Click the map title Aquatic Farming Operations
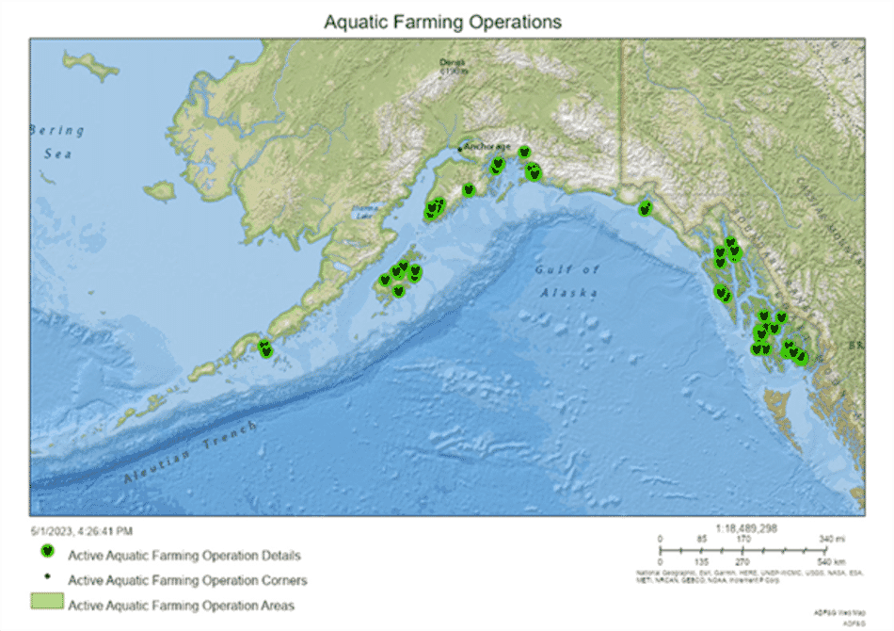point(442,21)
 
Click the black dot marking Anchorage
point(460,149)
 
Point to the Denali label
point(453,65)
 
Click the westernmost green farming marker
point(265,349)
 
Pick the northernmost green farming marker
point(524,152)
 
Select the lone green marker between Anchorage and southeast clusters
point(645,208)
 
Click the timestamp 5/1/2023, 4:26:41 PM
point(81,531)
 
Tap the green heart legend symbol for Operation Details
point(46,554)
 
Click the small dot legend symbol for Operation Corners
point(46,577)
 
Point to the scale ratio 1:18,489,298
point(746,528)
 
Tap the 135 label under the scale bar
point(701,559)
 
